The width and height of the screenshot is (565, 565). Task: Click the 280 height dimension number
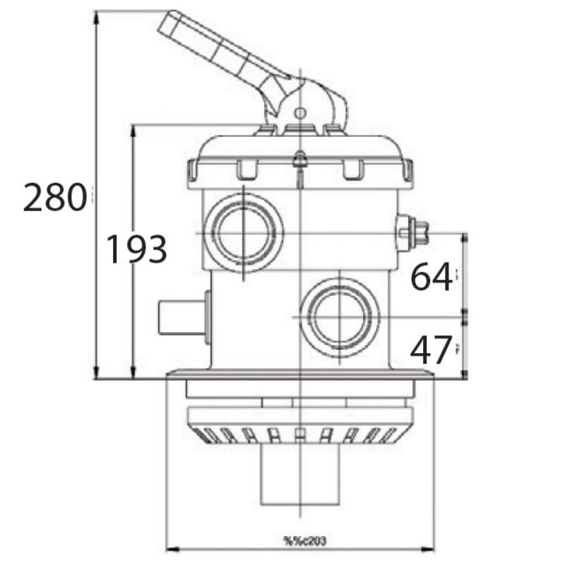(54, 198)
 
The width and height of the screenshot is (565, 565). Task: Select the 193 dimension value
(136, 249)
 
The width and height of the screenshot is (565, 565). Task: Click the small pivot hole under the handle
(299, 112)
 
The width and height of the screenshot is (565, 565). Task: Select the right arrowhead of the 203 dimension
(430, 549)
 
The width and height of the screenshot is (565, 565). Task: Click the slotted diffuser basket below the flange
(299, 433)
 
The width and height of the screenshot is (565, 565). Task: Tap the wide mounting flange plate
(299, 374)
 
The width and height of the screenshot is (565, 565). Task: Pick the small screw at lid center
(299, 159)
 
